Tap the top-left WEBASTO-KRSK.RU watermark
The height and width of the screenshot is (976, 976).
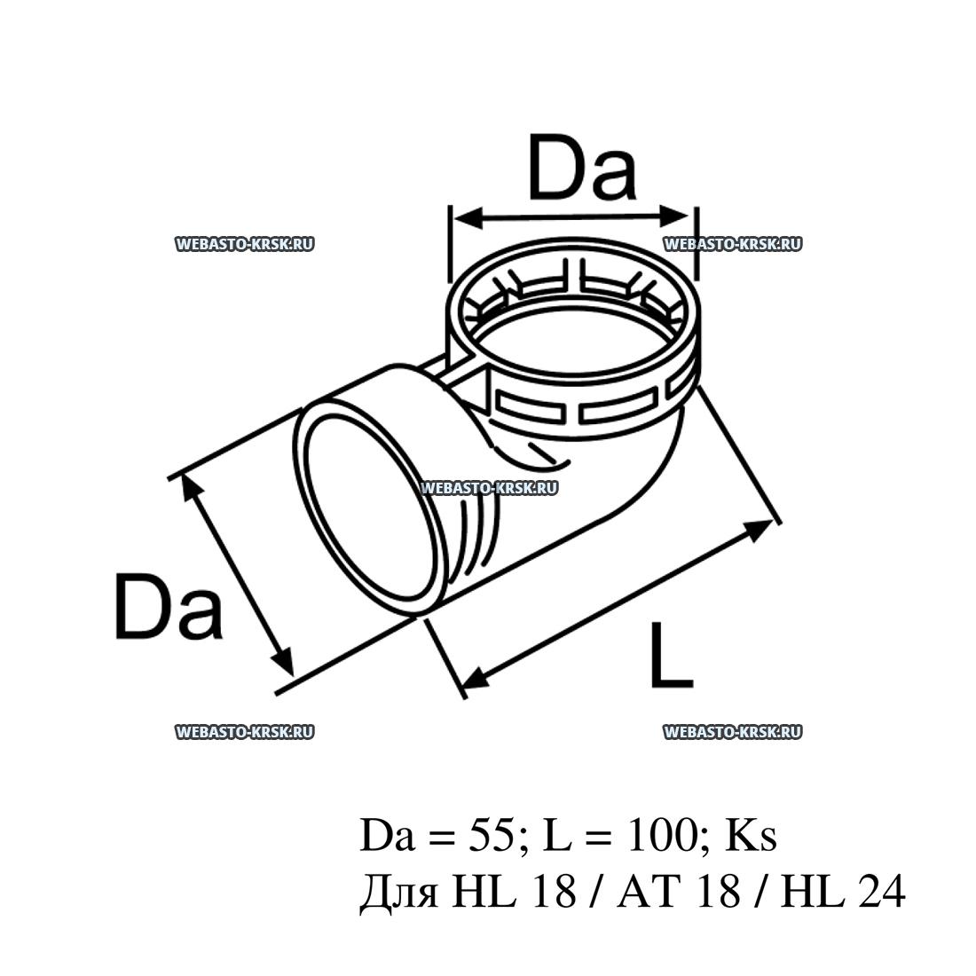pyautogui.click(x=245, y=244)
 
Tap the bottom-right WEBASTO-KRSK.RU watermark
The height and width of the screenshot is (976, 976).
pyautogui.click(x=732, y=731)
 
